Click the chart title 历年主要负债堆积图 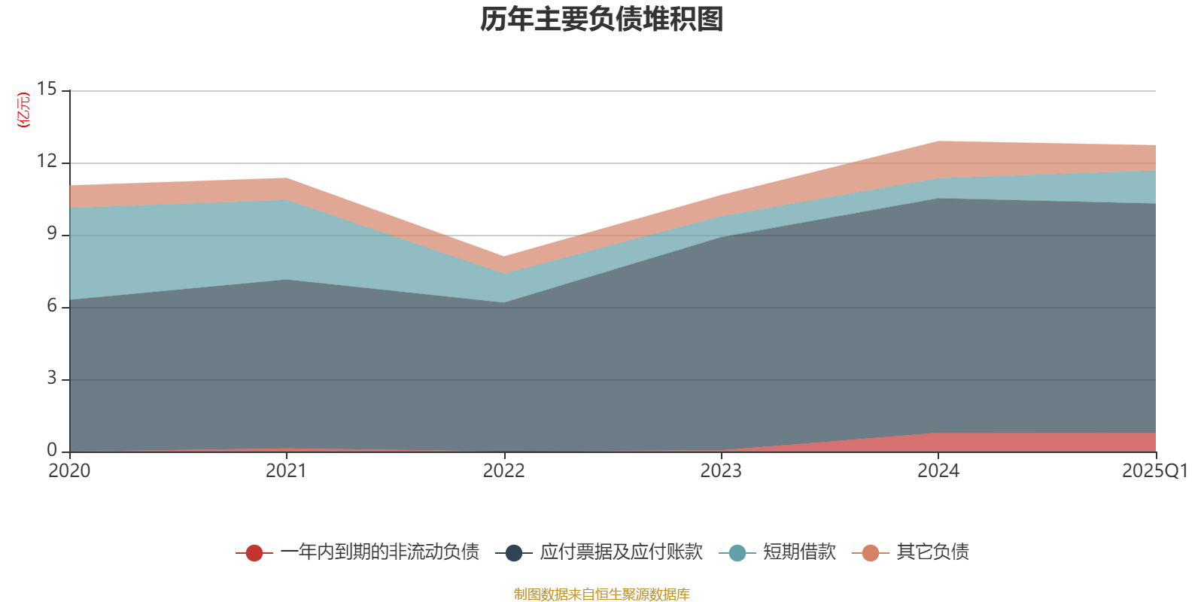click(x=602, y=20)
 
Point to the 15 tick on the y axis click(x=47, y=90)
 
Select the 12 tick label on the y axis click(x=47, y=162)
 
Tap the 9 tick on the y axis click(x=52, y=234)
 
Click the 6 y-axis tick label click(x=52, y=306)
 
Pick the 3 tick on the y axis click(x=52, y=379)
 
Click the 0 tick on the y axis click(x=52, y=451)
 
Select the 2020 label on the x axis click(x=69, y=471)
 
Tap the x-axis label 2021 click(x=287, y=471)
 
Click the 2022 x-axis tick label click(x=503, y=471)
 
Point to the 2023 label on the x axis click(x=721, y=471)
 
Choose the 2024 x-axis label click(x=938, y=471)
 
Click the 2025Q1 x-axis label click(x=1155, y=471)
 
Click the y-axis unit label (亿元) click(x=24, y=110)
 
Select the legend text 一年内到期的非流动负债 click(x=380, y=552)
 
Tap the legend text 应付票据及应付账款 click(x=621, y=552)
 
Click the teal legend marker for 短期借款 click(x=737, y=553)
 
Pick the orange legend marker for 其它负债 click(x=871, y=553)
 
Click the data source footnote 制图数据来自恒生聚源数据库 click(x=602, y=594)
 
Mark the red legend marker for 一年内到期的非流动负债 click(x=254, y=553)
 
